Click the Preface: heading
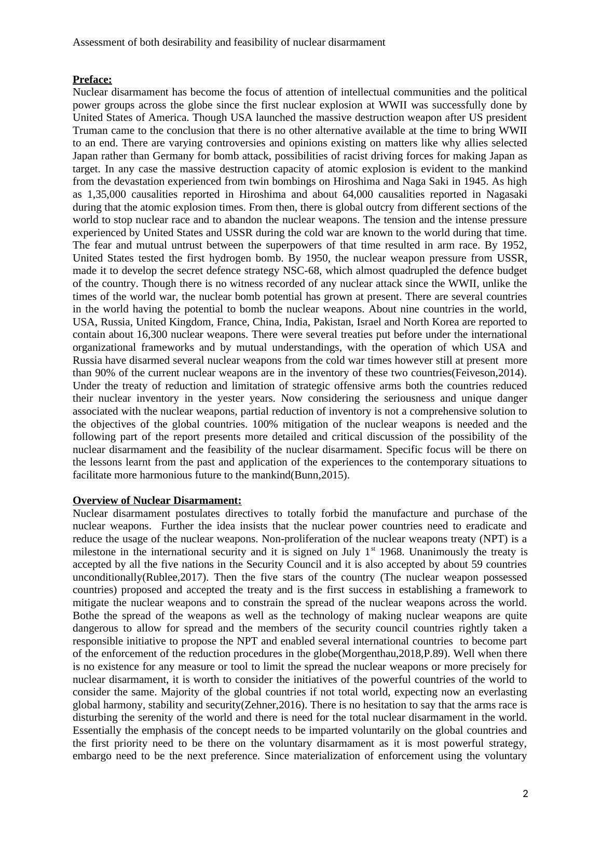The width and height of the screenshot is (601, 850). [92, 79]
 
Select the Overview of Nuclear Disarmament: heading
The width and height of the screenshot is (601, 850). [157, 500]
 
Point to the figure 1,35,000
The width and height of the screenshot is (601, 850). [107, 194]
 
